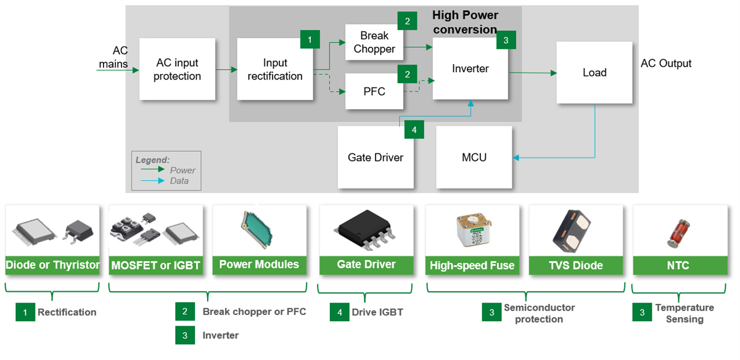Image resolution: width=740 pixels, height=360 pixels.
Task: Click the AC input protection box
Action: point(177,69)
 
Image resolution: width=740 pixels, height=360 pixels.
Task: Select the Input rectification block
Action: point(274,69)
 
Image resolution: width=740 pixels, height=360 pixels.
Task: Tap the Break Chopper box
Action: point(374,43)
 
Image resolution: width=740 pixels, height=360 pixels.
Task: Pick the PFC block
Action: point(374,91)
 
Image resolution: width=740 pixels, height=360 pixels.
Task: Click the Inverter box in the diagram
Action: point(470,69)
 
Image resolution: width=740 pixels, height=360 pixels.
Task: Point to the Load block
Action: point(594,73)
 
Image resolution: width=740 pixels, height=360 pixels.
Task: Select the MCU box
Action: point(474,157)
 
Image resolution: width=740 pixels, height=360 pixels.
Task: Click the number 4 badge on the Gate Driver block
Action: point(414,130)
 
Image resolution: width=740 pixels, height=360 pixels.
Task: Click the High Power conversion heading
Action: point(465,22)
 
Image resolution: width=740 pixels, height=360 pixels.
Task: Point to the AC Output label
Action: point(666,63)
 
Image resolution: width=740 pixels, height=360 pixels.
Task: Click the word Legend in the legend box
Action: point(152,160)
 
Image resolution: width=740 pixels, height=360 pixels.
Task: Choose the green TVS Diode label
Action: point(577,265)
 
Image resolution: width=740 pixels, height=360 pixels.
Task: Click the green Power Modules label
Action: point(259,264)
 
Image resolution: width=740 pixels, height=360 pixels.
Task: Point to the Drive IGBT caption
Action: point(377,312)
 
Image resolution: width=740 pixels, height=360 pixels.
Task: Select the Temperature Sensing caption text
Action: point(684,313)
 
